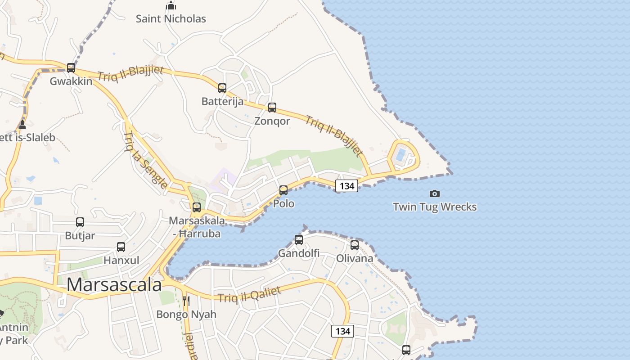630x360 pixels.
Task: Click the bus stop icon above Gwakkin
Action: pos(71,68)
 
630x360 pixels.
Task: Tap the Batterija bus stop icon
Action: pos(222,88)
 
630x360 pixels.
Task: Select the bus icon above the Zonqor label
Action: pos(272,108)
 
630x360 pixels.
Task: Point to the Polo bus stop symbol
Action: pos(283,190)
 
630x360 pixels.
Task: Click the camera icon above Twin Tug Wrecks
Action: pos(435,193)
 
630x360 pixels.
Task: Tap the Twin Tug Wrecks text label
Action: pos(435,207)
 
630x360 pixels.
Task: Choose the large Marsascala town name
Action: pos(114,285)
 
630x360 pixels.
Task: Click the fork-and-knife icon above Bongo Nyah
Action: pos(186,301)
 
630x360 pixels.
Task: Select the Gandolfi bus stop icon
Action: pos(299,240)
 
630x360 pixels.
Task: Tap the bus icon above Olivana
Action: pos(355,245)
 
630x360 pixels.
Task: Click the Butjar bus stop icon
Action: pos(80,222)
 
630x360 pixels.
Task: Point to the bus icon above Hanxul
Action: pos(121,247)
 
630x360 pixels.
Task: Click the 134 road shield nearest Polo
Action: pos(346,185)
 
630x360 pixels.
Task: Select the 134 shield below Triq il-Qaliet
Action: pos(343,331)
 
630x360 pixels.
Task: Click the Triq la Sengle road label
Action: pos(145,160)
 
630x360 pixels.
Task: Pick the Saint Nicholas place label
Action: pos(171,19)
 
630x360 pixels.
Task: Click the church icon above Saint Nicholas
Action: pos(171,6)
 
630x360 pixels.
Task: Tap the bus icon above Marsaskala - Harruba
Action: pos(197,207)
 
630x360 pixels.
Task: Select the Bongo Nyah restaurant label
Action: pos(186,315)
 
